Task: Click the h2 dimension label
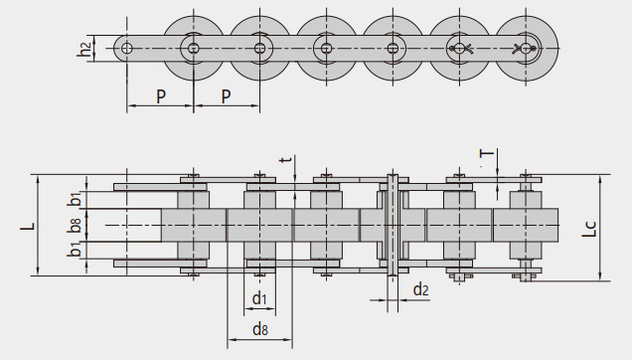[x=83, y=49]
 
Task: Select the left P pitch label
[x=161, y=96]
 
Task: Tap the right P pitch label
[x=227, y=96]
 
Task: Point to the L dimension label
[x=28, y=226]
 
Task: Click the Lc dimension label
[x=589, y=229]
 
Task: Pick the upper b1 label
[x=75, y=199]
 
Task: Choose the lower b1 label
[x=75, y=250]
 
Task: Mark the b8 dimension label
[x=75, y=225]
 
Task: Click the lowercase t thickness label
[x=286, y=159]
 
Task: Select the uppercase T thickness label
[x=487, y=153]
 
